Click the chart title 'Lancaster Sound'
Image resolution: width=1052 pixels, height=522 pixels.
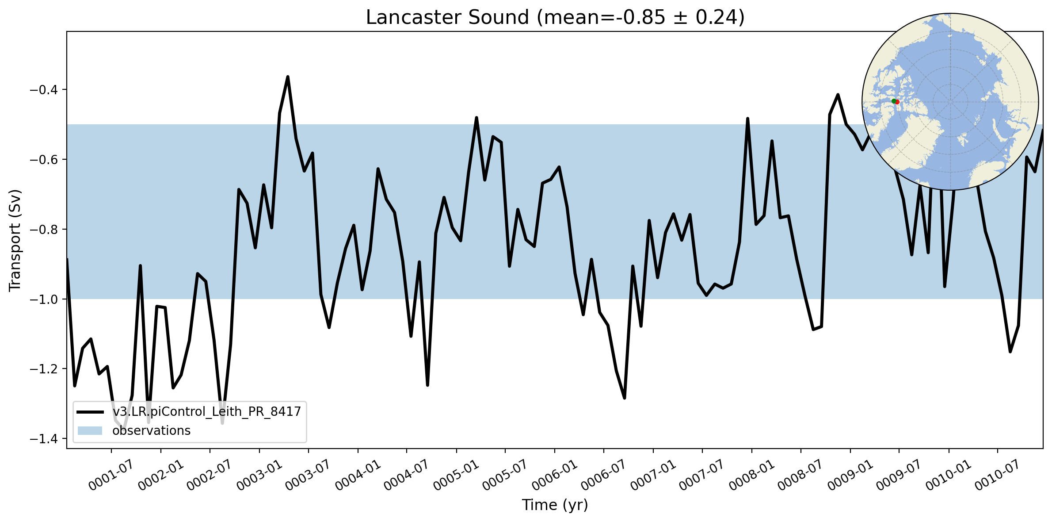tap(447, 18)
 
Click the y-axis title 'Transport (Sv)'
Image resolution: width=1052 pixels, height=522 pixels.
tap(15, 240)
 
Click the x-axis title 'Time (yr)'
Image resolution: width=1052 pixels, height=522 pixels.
tap(555, 505)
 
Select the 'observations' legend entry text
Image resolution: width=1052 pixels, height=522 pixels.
tap(151, 430)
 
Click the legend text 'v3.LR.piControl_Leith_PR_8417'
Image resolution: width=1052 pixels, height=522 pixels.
tap(206, 411)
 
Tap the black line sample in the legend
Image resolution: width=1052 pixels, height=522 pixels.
tap(90, 412)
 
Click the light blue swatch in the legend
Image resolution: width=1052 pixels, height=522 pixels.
tap(90, 430)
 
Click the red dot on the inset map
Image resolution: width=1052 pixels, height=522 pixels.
tap(897, 102)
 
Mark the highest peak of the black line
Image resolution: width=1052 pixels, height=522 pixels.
tap(288, 77)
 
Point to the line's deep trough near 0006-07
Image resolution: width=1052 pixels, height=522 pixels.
tap(624, 398)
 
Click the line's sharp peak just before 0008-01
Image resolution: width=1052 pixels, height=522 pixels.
tap(747, 119)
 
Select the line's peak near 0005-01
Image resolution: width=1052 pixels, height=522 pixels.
tap(476, 118)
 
